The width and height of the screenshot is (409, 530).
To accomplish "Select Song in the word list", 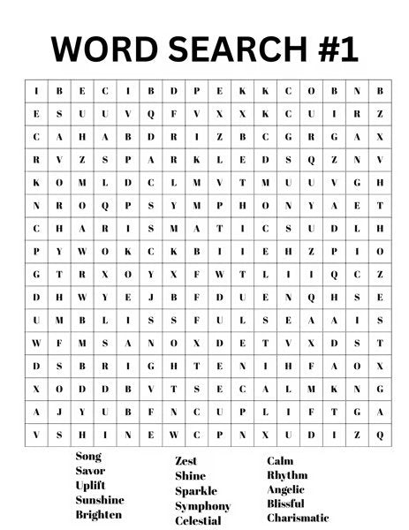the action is coord(88,457).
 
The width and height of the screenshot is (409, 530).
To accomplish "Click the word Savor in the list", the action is coord(90,471).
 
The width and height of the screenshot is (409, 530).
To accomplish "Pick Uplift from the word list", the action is coord(92,485).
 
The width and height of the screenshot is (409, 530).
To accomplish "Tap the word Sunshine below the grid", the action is coord(100,499).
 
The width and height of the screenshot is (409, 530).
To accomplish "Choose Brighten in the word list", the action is coord(99,514).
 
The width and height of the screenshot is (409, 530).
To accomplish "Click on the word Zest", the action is coord(186,461).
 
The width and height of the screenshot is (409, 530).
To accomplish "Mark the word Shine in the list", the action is coord(190,476).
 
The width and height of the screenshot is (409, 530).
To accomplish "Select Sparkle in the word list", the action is coord(195,491).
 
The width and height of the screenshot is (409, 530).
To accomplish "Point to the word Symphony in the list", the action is coord(202,506).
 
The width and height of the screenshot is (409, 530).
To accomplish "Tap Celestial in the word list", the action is coord(198,520).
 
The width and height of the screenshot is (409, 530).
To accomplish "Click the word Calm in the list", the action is coord(280,460).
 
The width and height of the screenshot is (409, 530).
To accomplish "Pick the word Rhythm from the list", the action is coord(287,475).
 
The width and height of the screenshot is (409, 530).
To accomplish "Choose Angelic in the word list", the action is coord(286,489).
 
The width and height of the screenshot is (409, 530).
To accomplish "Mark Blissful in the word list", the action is coord(287,503).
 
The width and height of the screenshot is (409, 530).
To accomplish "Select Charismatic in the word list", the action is coord(298,518).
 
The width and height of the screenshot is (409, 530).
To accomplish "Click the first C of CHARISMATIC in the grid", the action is coord(36,228).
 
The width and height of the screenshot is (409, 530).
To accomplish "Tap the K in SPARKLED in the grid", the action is coord(196,160).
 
